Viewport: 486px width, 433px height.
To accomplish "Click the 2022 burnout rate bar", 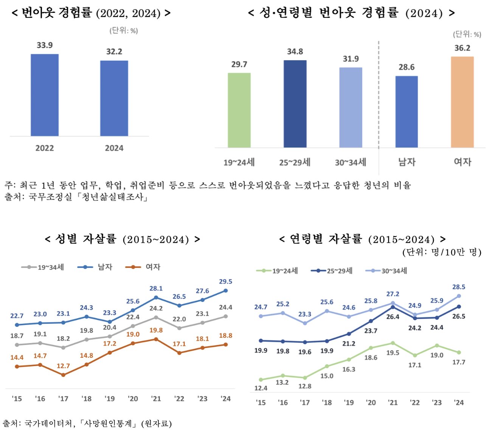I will (45, 95).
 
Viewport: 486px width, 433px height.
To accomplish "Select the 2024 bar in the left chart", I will (114, 98).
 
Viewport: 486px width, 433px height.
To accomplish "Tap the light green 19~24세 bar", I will (239, 110).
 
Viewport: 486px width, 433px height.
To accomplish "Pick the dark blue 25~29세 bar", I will (295, 104).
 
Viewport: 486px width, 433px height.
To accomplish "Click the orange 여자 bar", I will (462, 102).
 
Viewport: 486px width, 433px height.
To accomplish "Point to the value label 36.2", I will (462, 48).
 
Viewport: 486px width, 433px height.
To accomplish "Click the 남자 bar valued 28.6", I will (407, 112).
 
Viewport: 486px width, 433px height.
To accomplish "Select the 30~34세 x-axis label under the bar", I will (351, 162).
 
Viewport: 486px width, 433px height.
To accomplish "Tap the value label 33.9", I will (45, 45).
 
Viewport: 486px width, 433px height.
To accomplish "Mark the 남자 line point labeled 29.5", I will (226, 290).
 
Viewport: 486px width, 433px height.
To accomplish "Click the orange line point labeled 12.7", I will (63, 375).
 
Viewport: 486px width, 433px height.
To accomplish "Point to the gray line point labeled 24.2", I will (156, 317).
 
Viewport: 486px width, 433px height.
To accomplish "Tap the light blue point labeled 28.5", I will (459, 296).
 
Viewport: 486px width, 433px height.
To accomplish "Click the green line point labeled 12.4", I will (261, 380).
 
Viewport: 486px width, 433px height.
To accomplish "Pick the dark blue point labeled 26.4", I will (393, 307).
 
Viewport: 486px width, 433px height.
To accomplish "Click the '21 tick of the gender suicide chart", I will (156, 399).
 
